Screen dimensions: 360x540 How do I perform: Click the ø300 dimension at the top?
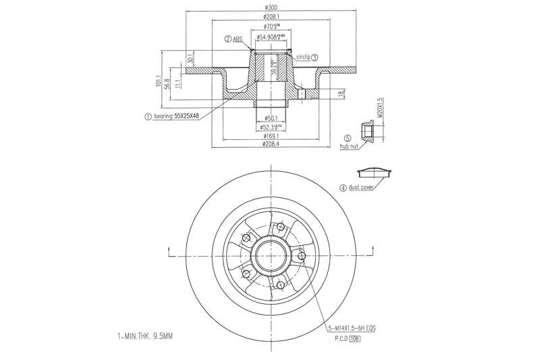(270, 7)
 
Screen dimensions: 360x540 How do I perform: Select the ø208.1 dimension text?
(270, 16)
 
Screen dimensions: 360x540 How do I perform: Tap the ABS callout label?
(237, 40)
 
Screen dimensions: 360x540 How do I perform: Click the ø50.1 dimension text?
(270, 118)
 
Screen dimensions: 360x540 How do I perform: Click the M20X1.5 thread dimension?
(381, 109)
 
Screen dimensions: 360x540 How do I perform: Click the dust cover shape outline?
(376, 171)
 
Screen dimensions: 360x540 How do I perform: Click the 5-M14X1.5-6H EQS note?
(352, 328)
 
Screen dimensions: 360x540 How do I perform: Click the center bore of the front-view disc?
(269, 255)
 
